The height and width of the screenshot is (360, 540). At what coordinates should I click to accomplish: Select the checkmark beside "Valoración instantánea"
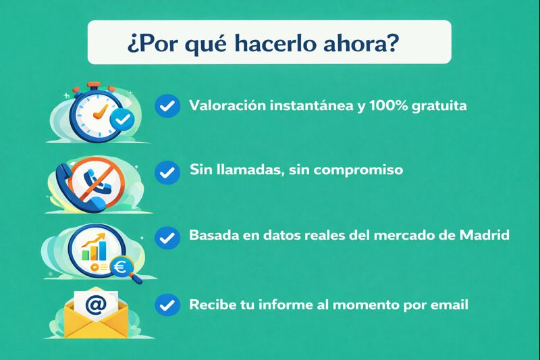tap(167, 106)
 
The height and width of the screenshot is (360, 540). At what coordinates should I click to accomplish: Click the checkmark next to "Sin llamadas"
tap(167, 172)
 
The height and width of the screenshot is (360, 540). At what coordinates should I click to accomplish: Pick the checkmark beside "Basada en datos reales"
tap(167, 238)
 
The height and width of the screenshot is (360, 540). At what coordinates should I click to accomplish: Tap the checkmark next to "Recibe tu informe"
tap(167, 305)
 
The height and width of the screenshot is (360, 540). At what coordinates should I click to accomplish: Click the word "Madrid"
tap(483, 236)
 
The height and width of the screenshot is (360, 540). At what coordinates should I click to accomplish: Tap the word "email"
tap(449, 305)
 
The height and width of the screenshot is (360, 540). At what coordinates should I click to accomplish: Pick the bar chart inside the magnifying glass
tap(95, 249)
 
